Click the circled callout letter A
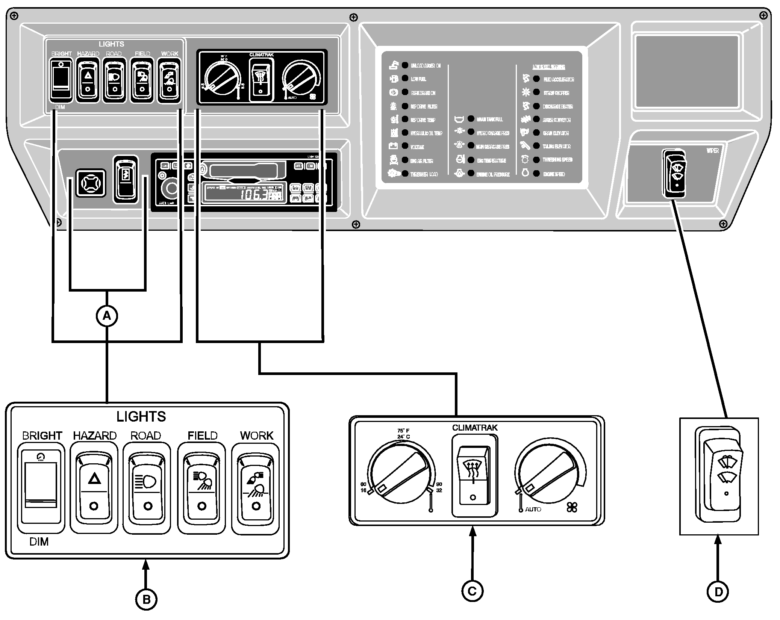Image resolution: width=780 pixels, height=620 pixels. [107, 316]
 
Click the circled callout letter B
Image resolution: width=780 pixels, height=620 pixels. [146, 599]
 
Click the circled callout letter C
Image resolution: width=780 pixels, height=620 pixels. [472, 591]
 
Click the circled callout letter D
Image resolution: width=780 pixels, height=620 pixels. [718, 592]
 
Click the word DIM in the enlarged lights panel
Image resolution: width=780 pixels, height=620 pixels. [39, 541]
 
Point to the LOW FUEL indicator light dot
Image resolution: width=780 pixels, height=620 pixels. [405, 79]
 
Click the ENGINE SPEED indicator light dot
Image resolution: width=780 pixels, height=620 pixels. [537, 174]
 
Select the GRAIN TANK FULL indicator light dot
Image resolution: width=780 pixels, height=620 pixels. [471, 119]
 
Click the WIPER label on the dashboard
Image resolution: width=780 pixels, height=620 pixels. [712, 150]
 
